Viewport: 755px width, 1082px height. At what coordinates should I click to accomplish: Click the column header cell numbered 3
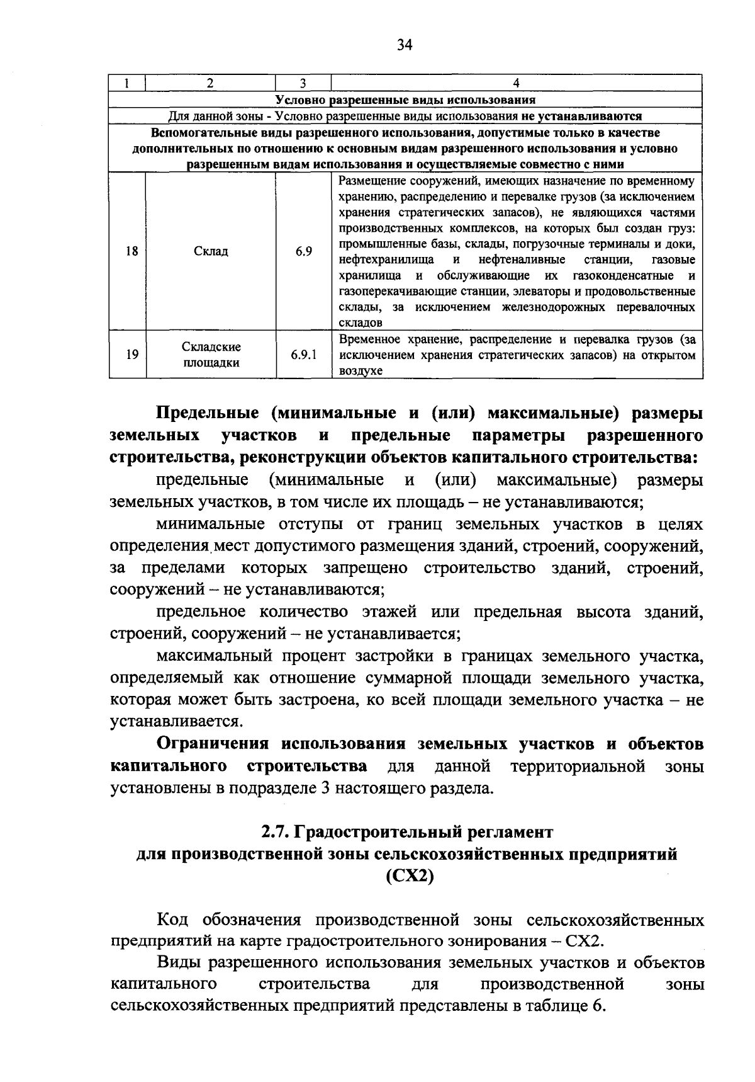coord(303,83)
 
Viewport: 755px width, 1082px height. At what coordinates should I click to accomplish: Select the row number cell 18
coord(131,251)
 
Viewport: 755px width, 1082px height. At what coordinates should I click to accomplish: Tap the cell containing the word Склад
coord(211,251)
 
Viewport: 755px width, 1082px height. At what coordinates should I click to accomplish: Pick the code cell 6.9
coord(303,251)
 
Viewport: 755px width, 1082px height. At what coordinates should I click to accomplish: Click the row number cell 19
coord(131,355)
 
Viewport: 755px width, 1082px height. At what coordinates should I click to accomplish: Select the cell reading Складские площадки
coord(211,355)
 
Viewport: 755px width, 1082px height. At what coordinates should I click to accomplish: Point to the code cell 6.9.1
coord(303,355)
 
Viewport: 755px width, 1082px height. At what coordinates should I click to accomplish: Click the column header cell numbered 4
coord(516,83)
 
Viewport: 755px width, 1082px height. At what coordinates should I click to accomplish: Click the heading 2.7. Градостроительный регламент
coord(407,832)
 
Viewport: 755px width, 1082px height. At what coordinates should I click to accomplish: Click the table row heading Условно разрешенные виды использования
coord(406,100)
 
